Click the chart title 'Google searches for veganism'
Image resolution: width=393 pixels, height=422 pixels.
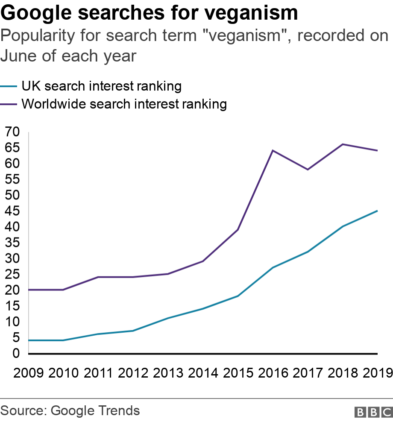pyautogui.click(x=150, y=13)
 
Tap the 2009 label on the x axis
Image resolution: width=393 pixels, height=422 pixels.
pyautogui.click(x=29, y=373)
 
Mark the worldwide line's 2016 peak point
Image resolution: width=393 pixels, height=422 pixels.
pyautogui.click(x=273, y=150)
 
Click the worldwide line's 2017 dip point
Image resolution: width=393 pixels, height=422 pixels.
pyautogui.click(x=308, y=170)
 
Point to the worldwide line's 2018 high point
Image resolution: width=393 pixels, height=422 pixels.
pyautogui.click(x=343, y=144)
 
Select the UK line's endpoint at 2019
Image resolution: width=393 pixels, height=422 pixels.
pyautogui.click(x=377, y=211)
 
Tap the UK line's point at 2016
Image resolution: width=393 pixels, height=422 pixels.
pyautogui.click(x=273, y=267)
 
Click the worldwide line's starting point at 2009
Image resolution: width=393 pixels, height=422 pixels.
pyautogui.click(x=29, y=290)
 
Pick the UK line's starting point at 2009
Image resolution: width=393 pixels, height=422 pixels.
pyautogui.click(x=29, y=340)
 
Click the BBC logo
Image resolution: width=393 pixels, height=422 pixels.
pyautogui.click(x=373, y=412)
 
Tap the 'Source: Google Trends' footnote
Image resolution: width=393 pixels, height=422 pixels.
pyautogui.click(x=70, y=411)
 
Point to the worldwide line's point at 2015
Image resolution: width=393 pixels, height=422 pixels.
pyautogui.click(x=238, y=230)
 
